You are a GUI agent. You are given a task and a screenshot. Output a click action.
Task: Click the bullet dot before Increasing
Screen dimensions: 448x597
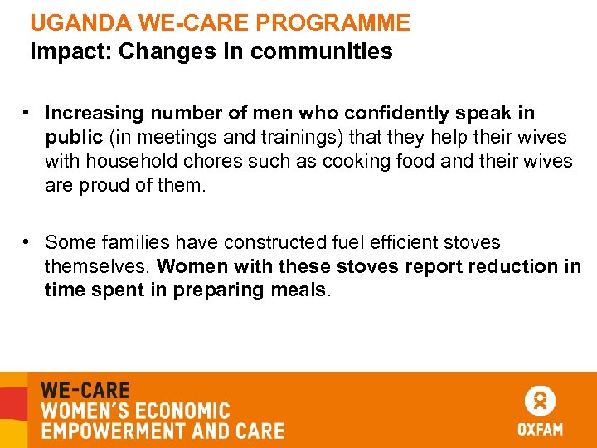pyautogui.click(x=27, y=112)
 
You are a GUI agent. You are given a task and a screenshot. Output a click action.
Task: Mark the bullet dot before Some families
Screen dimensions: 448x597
pyautogui.click(x=27, y=241)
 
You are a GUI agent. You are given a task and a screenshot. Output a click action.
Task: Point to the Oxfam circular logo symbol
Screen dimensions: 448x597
pyautogui.click(x=540, y=402)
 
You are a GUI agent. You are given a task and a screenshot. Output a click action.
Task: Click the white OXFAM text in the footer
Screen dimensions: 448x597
pyautogui.click(x=540, y=430)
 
